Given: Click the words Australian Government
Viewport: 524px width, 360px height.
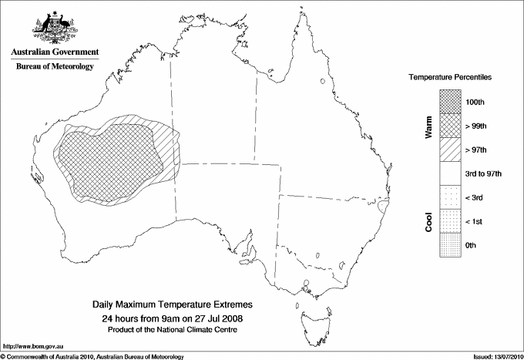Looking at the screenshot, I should [54, 52].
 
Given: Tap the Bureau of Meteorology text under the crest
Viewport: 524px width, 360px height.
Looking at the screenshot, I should [54, 67].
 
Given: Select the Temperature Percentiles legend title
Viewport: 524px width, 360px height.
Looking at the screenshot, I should [450, 78].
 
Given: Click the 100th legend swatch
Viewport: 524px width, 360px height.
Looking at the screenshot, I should [450, 102].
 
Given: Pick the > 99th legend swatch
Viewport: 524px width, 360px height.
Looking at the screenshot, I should [450, 126].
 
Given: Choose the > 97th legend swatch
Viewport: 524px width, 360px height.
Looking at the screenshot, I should [450, 150].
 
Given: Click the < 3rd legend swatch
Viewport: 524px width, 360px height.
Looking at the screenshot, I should [450, 197].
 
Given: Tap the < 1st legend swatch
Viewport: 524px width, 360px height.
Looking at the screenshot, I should [450, 221].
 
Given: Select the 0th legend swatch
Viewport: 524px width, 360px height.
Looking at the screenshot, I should [450, 245].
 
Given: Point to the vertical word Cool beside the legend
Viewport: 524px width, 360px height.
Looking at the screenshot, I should [428, 221].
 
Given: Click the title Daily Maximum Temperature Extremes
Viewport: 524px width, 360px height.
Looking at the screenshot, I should [173, 305].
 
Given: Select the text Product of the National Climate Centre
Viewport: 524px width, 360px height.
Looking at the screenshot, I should [173, 329].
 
